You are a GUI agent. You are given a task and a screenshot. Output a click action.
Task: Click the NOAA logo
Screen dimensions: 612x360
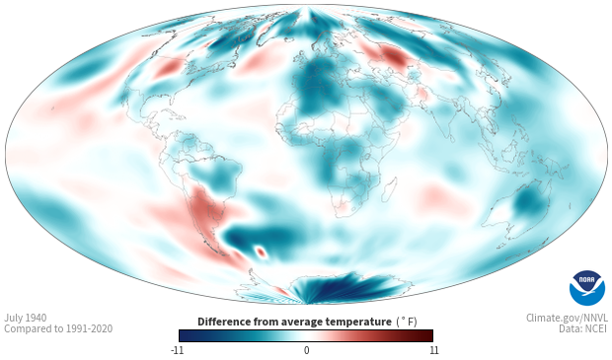[x=587, y=288]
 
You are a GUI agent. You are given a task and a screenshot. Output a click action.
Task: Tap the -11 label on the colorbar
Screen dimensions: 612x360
[x=177, y=350]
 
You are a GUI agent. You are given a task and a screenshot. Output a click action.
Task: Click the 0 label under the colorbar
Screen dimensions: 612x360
[x=306, y=350]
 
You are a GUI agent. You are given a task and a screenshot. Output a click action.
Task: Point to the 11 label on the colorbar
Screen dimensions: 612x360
[x=433, y=350]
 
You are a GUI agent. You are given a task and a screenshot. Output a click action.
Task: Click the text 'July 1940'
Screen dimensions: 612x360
[x=26, y=318]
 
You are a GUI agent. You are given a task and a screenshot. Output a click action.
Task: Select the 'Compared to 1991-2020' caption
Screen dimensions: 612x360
[x=58, y=328]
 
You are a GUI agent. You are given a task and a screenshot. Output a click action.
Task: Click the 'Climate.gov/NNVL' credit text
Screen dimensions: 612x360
[x=567, y=318]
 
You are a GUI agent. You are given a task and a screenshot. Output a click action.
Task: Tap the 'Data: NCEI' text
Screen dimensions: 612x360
[x=583, y=328]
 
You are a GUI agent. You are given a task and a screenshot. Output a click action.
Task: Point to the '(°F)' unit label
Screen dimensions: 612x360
[x=407, y=322]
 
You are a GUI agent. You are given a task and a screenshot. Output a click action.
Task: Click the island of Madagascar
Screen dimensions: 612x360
[x=389, y=190]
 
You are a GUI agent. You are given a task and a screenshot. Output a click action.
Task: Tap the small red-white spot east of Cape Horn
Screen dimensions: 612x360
[x=261, y=252]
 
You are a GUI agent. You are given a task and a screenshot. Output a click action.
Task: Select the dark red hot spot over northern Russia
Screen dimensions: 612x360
[x=395, y=57]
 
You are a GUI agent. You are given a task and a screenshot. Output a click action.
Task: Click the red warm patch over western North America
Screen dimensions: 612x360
[x=168, y=69]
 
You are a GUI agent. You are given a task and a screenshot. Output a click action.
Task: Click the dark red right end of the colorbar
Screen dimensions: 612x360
[x=428, y=335]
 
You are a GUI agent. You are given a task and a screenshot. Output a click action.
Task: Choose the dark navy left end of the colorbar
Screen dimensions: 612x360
[x=185, y=335]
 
